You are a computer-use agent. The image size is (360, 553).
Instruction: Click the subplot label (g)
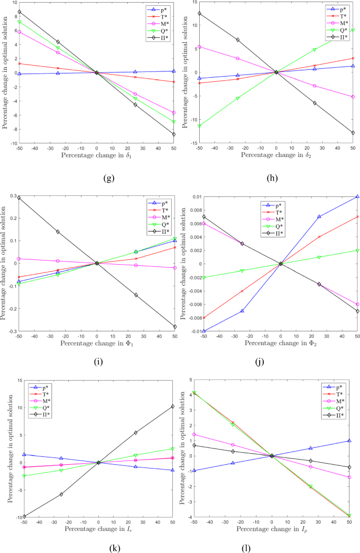click(x=109, y=178)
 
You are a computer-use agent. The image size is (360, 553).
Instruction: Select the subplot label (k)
click(x=115, y=548)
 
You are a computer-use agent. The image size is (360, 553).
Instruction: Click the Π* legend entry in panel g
click(x=158, y=38)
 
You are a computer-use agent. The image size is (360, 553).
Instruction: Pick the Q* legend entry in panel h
click(x=337, y=30)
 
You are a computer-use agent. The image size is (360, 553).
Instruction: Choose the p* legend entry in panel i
click(x=158, y=203)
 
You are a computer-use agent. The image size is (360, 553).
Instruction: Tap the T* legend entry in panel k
click(x=40, y=394)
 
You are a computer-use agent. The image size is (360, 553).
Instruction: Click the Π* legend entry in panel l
click(x=334, y=415)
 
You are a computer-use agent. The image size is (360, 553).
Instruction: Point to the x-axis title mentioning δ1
click(x=96, y=155)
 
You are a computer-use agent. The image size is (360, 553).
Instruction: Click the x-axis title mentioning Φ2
click(x=281, y=343)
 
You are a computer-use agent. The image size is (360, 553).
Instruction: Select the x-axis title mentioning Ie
click(x=98, y=529)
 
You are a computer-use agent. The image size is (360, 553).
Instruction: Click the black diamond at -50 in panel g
click(x=19, y=12)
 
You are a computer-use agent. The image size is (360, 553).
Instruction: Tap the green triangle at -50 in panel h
click(x=199, y=126)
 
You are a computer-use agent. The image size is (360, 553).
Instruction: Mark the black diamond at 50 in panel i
click(x=174, y=327)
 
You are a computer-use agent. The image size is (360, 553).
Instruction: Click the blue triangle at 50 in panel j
click(x=357, y=196)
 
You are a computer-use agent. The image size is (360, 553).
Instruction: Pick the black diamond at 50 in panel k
click(x=172, y=406)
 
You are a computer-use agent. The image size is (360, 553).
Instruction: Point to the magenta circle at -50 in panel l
click(x=194, y=434)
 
